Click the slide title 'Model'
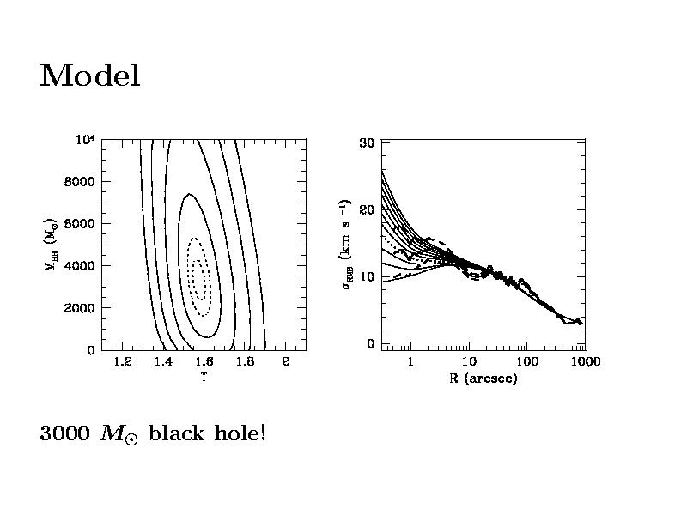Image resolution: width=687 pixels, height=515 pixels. [89, 76]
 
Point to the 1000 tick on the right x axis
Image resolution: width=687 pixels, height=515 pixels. [584, 361]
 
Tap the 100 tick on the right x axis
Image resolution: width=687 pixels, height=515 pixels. [526, 361]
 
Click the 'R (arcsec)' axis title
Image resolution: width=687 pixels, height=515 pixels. [483, 378]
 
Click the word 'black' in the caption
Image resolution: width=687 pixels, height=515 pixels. [174, 433]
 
